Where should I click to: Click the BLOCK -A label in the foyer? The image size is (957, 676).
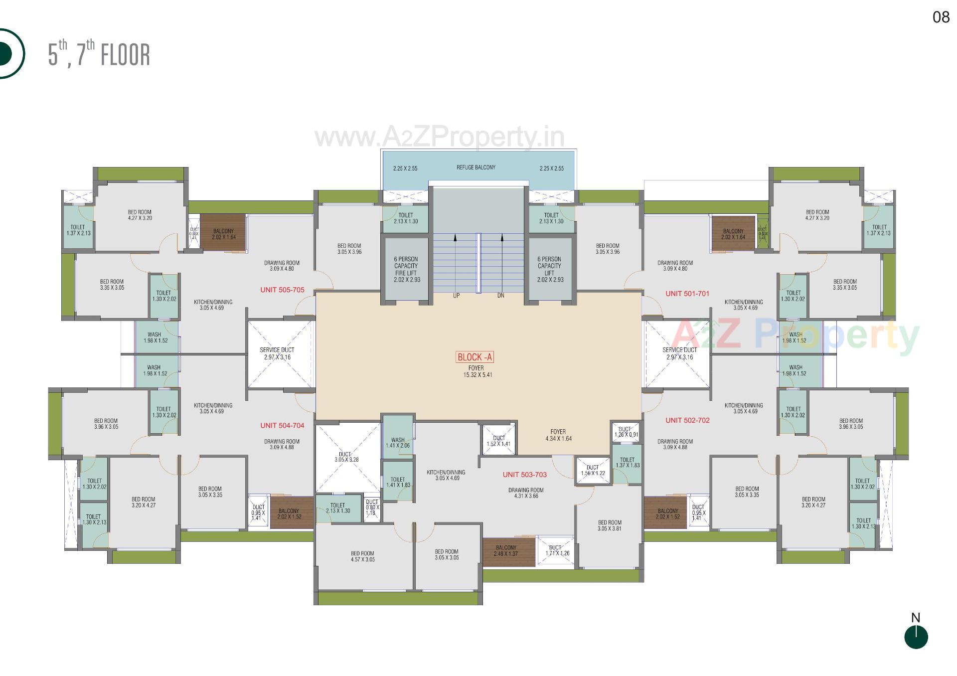pyautogui.click(x=475, y=357)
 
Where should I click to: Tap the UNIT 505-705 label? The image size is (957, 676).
pyautogui.click(x=282, y=290)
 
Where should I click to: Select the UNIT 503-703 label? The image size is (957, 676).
pyautogui.click(x=524, y=475)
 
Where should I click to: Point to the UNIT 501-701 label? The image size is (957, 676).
pyautogui.click(x=687, y=294)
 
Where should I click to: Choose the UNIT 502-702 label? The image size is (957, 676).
pyautogui.click(x=687, y=420)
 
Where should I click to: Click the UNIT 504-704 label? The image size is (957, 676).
pyautogui.click(x=282, y=425)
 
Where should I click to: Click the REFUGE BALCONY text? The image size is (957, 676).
pyautogui.click(x=476, y=168)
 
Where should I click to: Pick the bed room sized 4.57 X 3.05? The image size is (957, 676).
pyautogui.click(x=362, y=556)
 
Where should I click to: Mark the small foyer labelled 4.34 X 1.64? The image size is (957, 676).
pyautogui.click(x=558, y=435)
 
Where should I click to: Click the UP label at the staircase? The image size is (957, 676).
pyautogui.click(x=456, y=296)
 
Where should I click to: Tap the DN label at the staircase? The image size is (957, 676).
pyautogui.click(x=500, y=296)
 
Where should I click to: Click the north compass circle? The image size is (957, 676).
pyautogui.click(x=916, y=638)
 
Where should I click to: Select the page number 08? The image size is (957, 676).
pyautogui.click(x=941, y=17)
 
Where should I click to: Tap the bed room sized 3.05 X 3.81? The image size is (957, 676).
pyautogui.click(x=609, y=526)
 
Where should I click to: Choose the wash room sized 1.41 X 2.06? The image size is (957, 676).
pyautogui.click(x=397, y=443)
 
